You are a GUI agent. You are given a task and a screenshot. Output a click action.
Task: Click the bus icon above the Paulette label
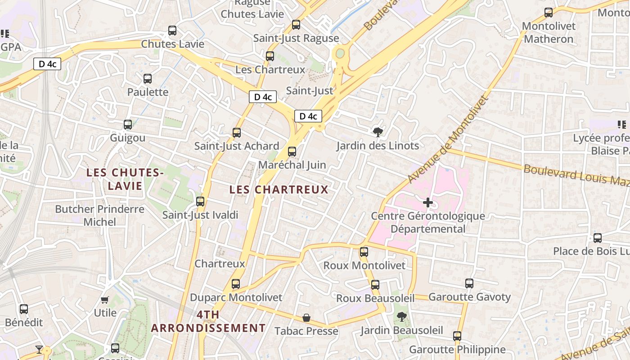point(148,79)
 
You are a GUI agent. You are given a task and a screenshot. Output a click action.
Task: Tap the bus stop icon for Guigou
point(128,125)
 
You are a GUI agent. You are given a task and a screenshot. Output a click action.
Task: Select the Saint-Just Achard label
point(237,146)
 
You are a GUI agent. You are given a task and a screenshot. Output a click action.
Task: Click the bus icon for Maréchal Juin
point(292,152)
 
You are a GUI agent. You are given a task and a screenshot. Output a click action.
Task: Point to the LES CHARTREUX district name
point(279,189)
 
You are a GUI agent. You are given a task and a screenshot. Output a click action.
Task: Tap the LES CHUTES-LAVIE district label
point(125,179)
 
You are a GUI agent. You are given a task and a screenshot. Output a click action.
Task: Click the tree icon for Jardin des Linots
point(378,132)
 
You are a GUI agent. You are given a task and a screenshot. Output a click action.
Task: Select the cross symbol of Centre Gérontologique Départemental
point(428,202)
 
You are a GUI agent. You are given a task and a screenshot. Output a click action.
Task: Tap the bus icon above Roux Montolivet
point(364,252)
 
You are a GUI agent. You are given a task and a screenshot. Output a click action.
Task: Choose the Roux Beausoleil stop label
point(375,298)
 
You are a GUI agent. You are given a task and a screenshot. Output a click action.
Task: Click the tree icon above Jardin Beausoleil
point(401,317)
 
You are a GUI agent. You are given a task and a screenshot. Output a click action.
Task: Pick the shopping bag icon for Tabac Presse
point(306,318)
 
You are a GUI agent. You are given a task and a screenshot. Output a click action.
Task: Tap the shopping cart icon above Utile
point(105,300)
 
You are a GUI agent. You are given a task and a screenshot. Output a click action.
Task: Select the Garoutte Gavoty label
point(470,297)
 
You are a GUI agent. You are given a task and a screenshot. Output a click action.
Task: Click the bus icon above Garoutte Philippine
point(457,336)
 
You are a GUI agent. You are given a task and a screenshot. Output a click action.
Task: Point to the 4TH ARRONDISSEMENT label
point(208,321)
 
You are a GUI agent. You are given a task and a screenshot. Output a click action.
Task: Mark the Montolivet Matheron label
point(549,32)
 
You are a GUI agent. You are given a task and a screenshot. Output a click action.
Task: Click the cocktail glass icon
point(39,349)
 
